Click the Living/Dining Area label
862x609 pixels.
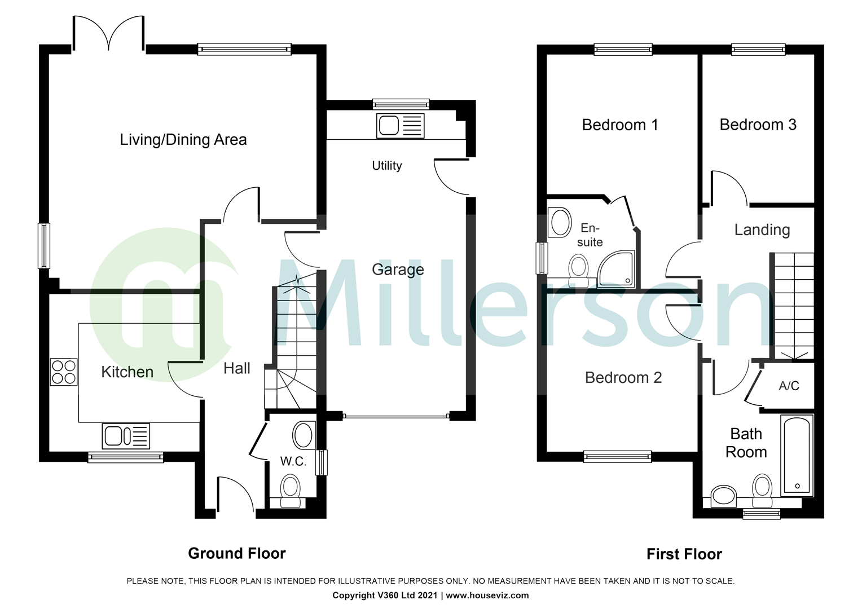coord(183,140)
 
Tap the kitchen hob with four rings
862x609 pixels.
coord(64,372)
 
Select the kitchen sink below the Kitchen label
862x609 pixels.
coord(126,436)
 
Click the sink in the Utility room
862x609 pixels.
coord(400,125)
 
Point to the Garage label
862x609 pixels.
coord(398,270)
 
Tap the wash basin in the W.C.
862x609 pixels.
coord(304,435)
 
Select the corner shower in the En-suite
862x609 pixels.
coord(616,269)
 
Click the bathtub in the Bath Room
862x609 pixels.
coord(797,456)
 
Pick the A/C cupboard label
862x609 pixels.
coord(789,386)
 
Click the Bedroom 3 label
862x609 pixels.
coord(758,125)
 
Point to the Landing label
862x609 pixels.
coord(762,230)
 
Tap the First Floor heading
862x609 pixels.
coord(684,554)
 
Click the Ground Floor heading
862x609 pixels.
coord(237,554)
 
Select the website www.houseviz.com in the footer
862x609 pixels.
coord(487,595)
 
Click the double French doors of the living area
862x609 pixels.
coord(108,34)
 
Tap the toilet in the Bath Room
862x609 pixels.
coord(762,490)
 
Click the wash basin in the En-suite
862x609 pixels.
coord(561,222)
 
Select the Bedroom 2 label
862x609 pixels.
coord(623,378)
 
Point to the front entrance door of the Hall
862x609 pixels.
coord(235,496)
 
